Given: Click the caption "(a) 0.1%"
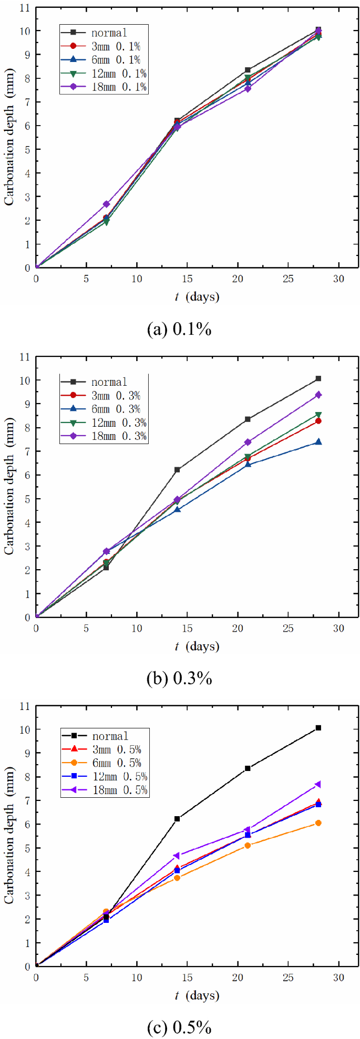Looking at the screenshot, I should pos(180,330).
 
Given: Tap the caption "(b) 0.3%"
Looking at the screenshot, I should pos(180,678).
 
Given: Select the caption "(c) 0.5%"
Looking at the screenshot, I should pos(180,1027).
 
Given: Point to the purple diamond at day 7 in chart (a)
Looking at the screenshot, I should pos(106,204).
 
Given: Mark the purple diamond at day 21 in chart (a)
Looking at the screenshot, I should pos(248,88).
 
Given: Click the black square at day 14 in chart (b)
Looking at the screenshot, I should pos(177,469).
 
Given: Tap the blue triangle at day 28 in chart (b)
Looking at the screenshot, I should pos(318,442).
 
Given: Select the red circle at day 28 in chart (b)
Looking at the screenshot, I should pos(318,421).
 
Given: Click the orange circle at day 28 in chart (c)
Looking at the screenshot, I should pos(318,823).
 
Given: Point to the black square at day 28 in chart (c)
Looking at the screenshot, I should pos(318,728).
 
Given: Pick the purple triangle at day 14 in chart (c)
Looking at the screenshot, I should pos(177,856).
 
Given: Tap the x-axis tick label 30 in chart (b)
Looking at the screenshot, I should pos(338,628).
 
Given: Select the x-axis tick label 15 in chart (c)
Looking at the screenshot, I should pos(187,977).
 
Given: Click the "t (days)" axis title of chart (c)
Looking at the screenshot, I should pos(197,995).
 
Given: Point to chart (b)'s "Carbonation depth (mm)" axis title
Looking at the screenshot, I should pos(9,486).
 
